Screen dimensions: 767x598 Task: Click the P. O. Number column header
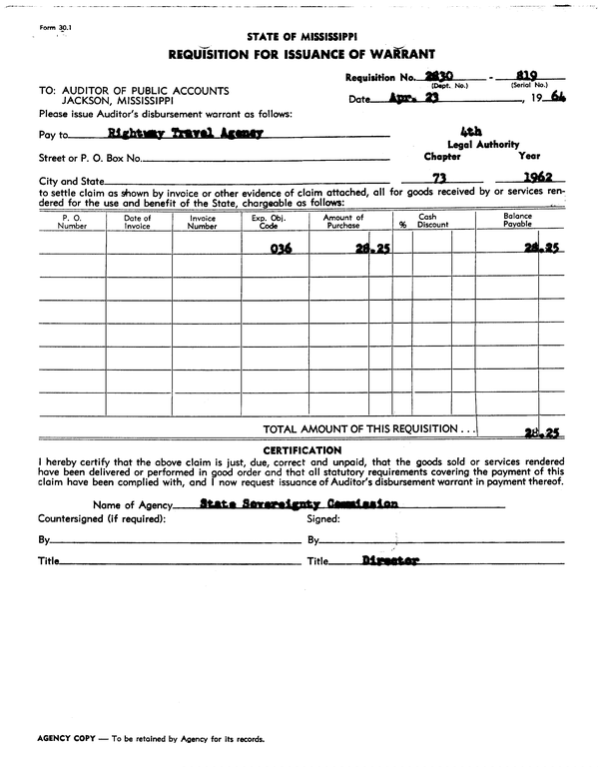pyautogui.click(x=73, y=222)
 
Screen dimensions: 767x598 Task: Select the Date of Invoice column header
pyautogui.click(x=138, y=222)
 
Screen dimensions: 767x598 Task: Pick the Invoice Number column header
pyautogui.click(x=203, y=222)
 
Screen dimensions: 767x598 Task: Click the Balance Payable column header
pyautogui.click(x=517, y=222)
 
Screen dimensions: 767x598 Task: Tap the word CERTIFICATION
pyautogui.click(x=300, y=451)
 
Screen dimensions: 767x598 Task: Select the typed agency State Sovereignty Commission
pyautogui.click(x=299, y=504)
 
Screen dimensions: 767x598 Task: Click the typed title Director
pyautogui.click(x=390, y=561)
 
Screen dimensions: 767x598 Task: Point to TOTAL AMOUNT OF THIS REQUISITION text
pyautogui.click(x=364, y=428)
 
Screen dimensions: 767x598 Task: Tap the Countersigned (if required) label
pyautogui.click(x=102, y=518)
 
